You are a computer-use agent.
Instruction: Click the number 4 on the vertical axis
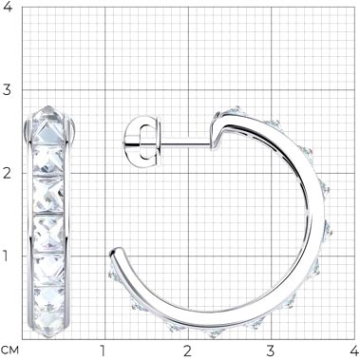click(x=8, y=7)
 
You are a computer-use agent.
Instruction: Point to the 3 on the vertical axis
click(x=8, y=90)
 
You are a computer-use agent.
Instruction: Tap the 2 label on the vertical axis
click(x=8, y=174)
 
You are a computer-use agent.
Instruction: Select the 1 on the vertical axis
click(x=6, y=256)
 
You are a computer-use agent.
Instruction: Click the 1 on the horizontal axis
click(x=102, y=351)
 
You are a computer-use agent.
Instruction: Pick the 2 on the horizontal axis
click(x=187, y=351)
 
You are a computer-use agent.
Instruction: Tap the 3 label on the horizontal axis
click(x=271, y=351)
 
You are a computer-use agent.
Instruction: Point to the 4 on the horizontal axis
click(x=353, y=351)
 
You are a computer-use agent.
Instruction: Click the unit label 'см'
click(x=9, y=351)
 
